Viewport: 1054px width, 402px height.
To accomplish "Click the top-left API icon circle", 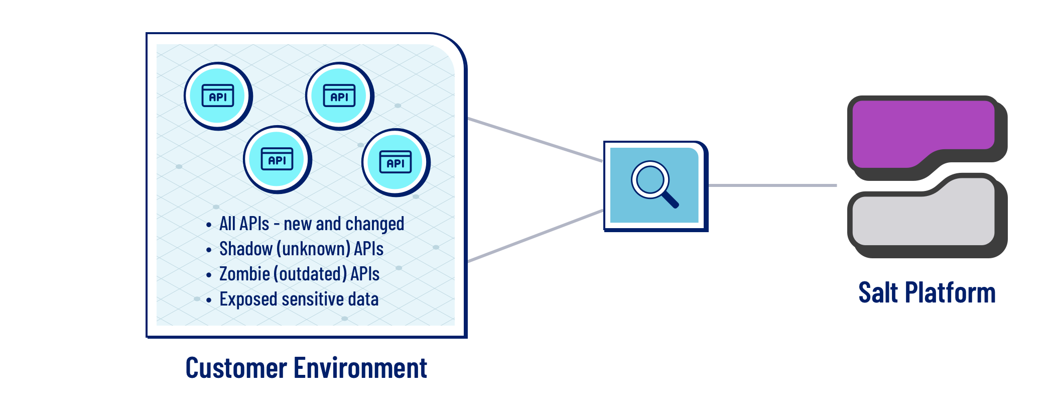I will (x=218, y=95).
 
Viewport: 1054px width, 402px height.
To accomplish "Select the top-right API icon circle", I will (x=339, y=95).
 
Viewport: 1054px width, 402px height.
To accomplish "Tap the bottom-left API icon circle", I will (x=277, y=159).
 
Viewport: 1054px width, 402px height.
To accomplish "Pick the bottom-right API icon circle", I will (x=396, y=162).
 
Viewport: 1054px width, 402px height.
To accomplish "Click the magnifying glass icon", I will (x=654, y=184).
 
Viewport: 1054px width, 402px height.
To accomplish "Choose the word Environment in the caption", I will (x=360, y=368).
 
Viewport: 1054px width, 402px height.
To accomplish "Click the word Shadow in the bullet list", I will (x=245, y=249).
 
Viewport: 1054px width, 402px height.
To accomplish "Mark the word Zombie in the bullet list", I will (x=244, y=274).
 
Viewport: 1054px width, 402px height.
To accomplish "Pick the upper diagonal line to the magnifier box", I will (x=535, y=140).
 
